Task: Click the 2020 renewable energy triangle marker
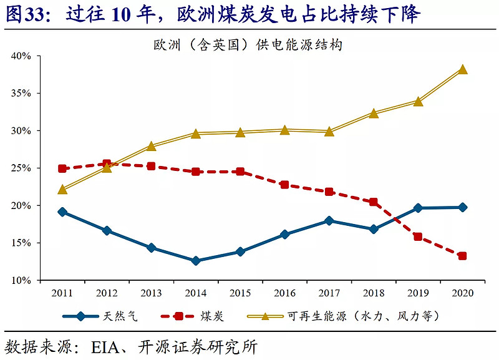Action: pos(462,69)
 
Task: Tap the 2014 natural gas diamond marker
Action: pos(196,261)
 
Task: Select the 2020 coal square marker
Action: pos(462,256)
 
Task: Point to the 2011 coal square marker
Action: pos(62,168)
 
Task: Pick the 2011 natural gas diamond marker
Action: pos(62,212)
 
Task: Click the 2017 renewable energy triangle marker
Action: pos(329,131)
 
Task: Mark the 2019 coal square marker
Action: pos(418,237)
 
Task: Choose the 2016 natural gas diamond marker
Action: pos(284,235)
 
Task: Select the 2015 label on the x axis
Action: pos(240,293)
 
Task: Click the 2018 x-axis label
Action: pos(374,293)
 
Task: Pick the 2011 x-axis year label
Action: pos(62,293)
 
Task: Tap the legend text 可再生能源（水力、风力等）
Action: pos(364,316)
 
